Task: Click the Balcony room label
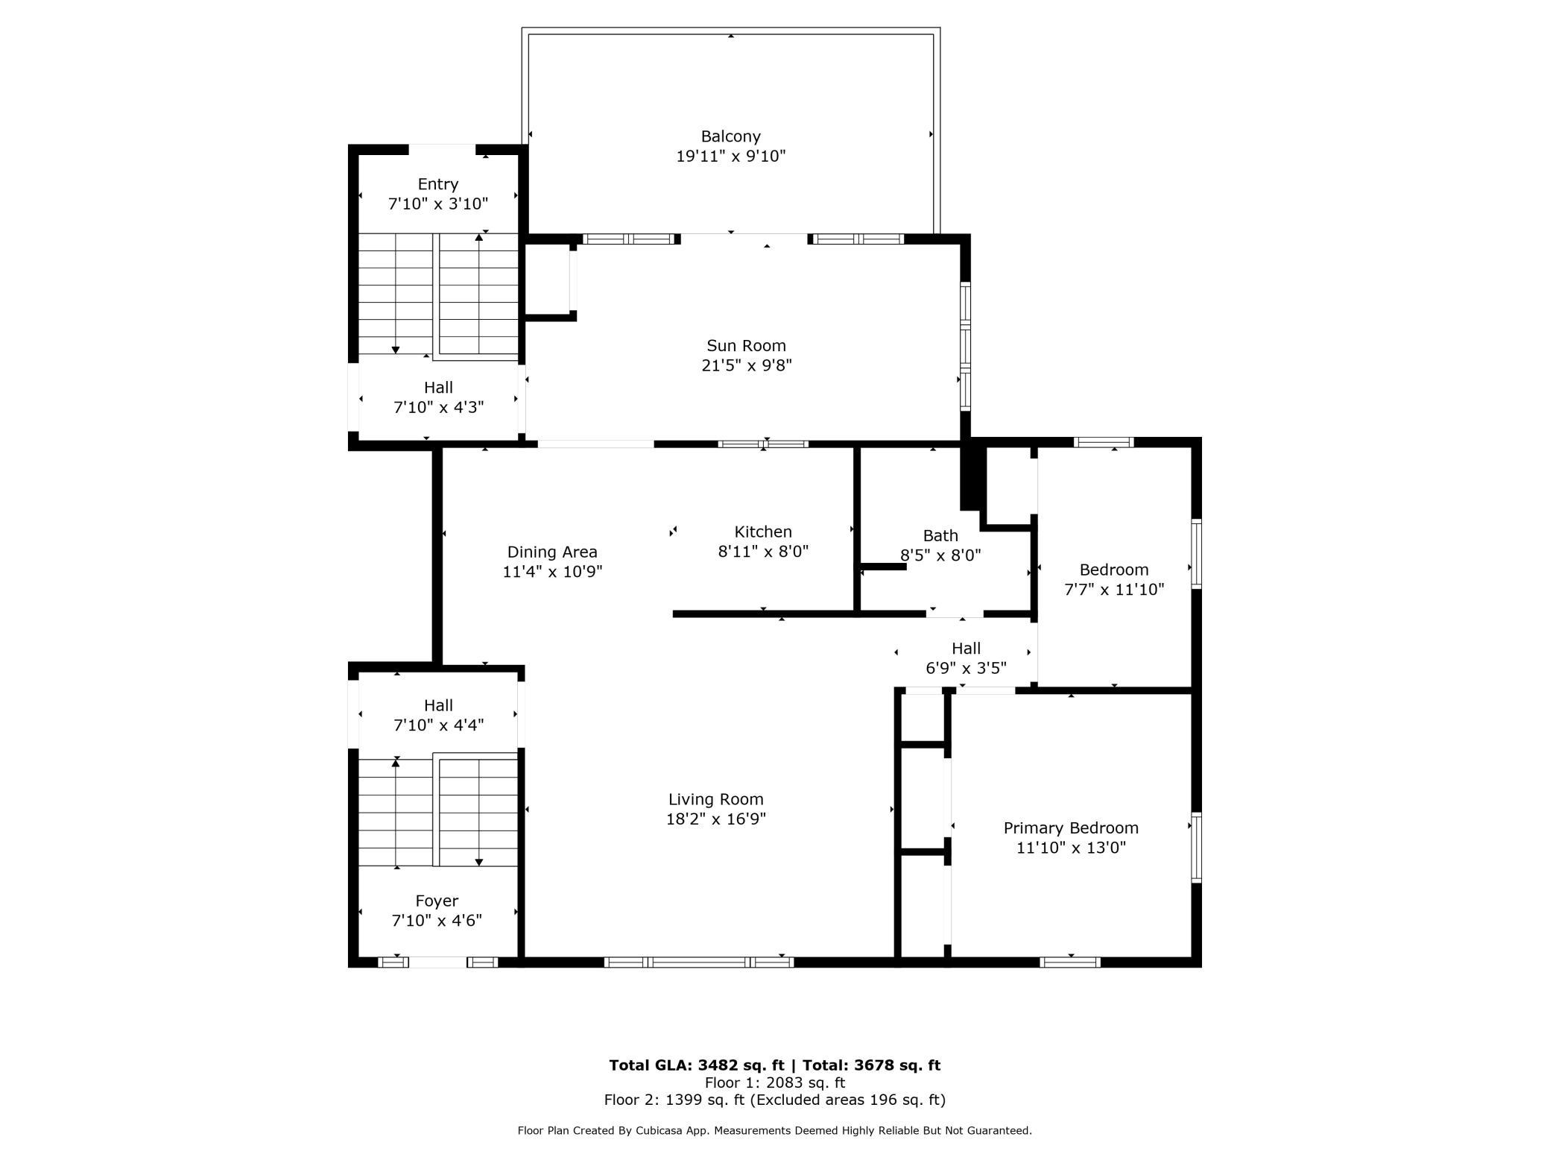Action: tap(730, 136)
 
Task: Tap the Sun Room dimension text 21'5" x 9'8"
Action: tap(746, 365)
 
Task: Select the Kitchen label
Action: tap(763, 532)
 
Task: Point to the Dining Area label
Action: tap(552, 552)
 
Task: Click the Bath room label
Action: tap(940, 535)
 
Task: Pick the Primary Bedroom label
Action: tap(1071, 828)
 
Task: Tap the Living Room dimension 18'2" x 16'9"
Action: tap(715, 819)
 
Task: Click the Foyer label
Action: tap(437, 901)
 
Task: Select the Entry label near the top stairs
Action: tap(437, 184)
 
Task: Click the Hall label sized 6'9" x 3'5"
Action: tap(966, 649)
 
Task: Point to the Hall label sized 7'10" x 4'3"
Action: tap(438, 388)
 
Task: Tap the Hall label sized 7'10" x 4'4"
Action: tap(438, 705)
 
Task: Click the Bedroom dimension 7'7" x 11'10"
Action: tap(1114, 590)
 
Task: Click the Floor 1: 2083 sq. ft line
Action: tap(775, 1082)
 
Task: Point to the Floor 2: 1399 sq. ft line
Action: tap(775, 1100)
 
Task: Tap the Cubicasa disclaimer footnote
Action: tap(775, 1131)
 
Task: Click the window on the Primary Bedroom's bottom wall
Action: tap(1070, 962)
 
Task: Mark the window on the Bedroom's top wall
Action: tap(1104, 442)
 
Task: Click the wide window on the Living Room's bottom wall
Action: tap(699, 962)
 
